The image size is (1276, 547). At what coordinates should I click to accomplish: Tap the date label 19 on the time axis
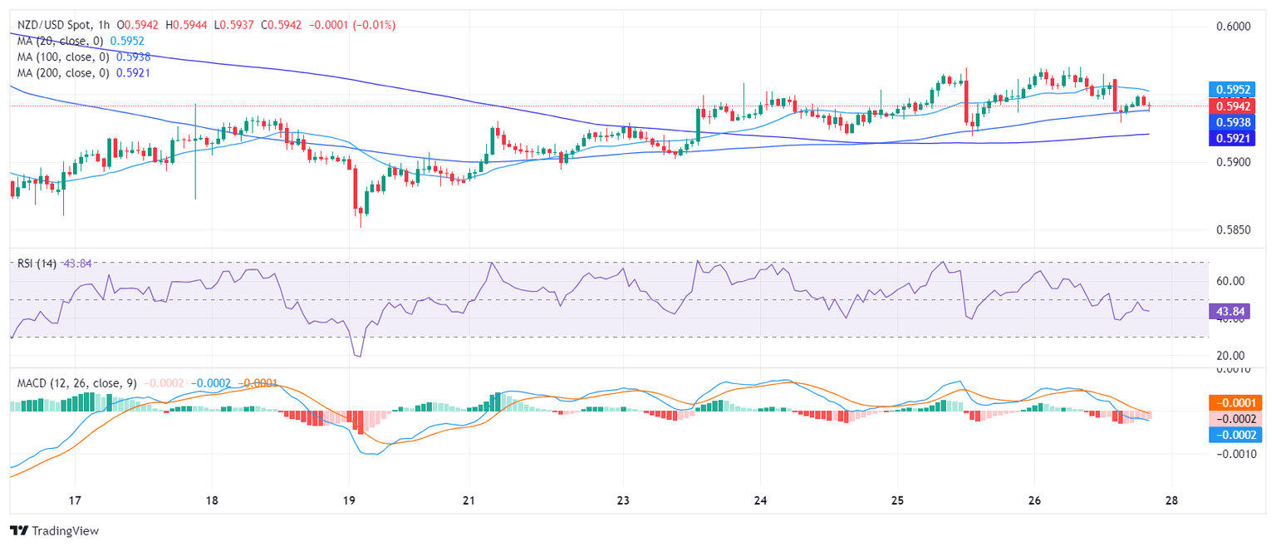[349, 500]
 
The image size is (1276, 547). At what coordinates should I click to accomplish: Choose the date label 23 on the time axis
[624, 500]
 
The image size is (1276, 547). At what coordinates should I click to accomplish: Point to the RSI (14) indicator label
[37, 264]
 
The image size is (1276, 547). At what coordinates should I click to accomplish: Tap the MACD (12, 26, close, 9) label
[77, 383]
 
